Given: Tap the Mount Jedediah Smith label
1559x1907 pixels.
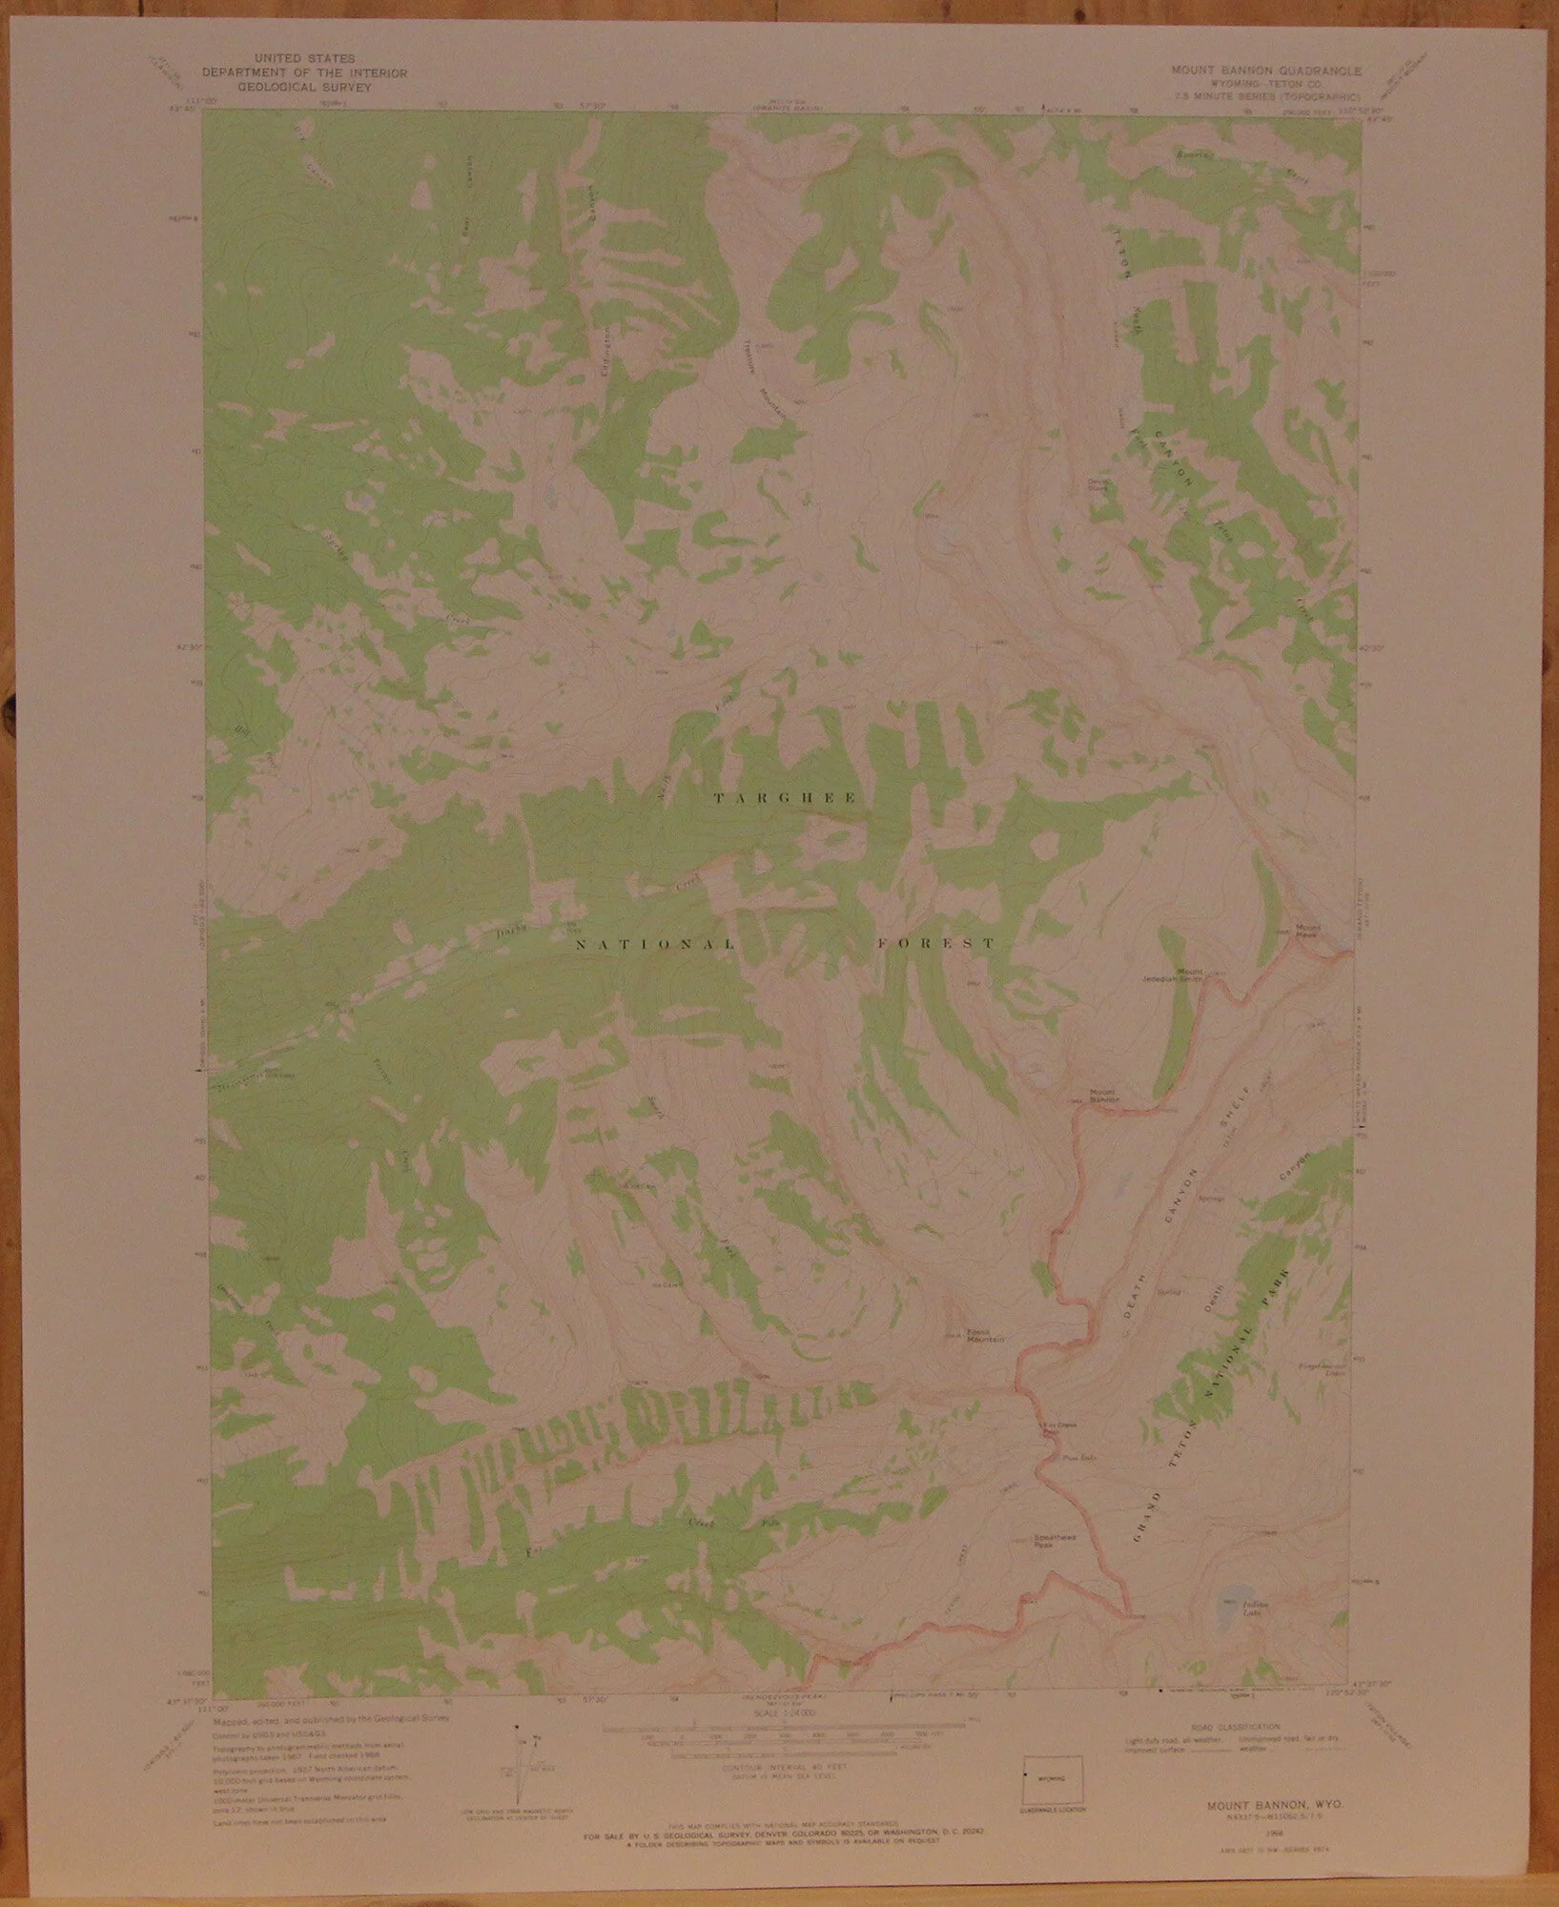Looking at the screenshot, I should coord(1175,975).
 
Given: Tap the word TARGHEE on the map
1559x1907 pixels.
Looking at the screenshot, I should coord(788,798).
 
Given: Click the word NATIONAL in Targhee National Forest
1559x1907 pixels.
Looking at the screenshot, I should coord(654,946).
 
